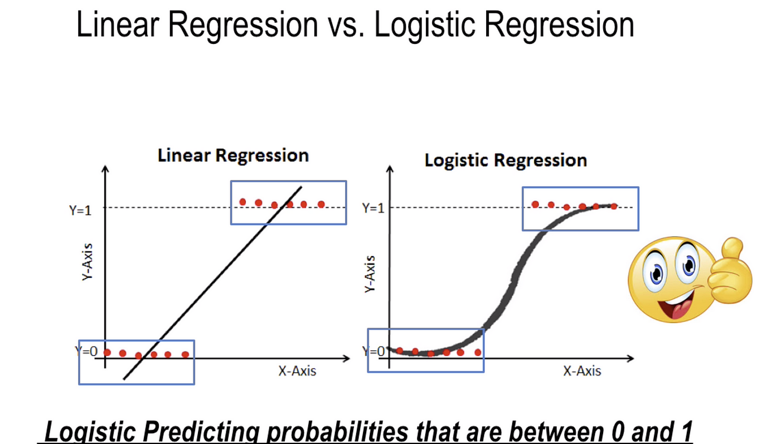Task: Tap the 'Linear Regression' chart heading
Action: click(x=233, y=156)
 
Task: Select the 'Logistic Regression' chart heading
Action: click(x=506, y=160)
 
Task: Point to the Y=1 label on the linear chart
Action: click(x=80, y=211)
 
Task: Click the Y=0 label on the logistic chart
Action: click(x=373, y=352)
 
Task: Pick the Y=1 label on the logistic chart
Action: click(x=373, y=208)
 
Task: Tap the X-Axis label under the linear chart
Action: click(x=297, y=371)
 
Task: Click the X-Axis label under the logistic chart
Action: click(x=582, y=371)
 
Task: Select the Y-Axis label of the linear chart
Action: click(x=87, y=262)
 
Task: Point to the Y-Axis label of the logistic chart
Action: click(x=370, y=274)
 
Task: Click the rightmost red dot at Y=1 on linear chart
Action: click(x=322, y=204)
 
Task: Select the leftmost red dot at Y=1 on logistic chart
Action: click(x=535, y=204)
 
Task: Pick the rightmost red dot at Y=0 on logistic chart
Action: click(x=478, y=353)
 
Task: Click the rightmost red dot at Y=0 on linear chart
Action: click(x=185, y=354)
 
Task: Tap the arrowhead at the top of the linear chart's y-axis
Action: click(x=105, y=168)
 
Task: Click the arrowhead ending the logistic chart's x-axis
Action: click(x=630, y=358)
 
